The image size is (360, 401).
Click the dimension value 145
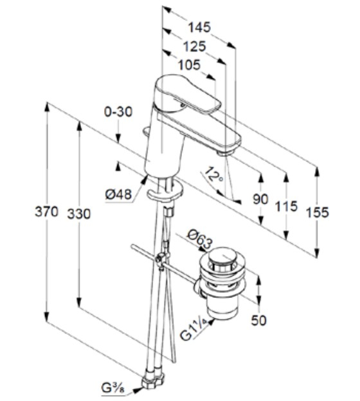pyautogui.click(x=200, y=27)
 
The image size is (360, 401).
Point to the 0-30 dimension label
pyautogui.click(x=118, y=111)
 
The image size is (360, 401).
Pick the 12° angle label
pyautogui.click(x=213, y=174)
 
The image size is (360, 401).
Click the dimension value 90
pyautogui.click(x=260, y=200)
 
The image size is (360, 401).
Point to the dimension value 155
pyautogui.click(x=317, y=212)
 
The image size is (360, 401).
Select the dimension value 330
pyautogui.click(x=79, y=214)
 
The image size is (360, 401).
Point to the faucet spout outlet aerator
pyautogui.click(x=224, y=153)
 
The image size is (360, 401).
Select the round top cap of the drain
pyautogui.click(x=222, y=256)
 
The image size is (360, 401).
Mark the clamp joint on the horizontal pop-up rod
pyautogui.click(x=159, y=261)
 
